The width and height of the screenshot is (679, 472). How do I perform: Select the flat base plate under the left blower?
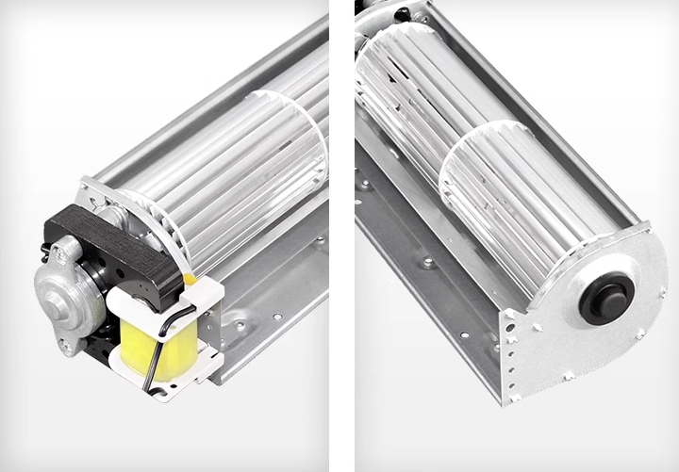click(x=273, y=311)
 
